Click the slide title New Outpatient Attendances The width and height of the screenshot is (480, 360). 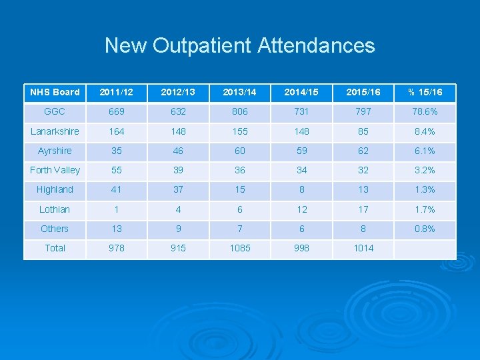click(x=239, y=45)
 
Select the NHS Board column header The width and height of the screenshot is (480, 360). click(x=55, y=92)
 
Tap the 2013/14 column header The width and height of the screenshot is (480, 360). click(x=240, y=92)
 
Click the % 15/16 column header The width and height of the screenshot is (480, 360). click(x=424, y=92)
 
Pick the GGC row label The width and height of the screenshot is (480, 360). click(x=55, y=111)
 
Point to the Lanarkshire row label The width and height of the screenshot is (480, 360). click(x=55, y=131)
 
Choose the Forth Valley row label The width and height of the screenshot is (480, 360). click(x=55, y=170)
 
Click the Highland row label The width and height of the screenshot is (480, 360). click(x=55, y=189)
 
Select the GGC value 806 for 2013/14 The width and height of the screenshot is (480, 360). click(x=240, y=111)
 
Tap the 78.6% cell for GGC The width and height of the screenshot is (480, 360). click(x=424, y=111)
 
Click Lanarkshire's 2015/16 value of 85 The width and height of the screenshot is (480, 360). click(x=363, y=131)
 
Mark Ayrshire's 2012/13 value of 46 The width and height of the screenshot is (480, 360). click(x=178, y=151)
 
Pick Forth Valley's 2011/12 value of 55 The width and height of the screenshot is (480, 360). click(x=117, y=170)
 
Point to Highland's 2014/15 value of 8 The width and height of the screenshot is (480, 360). click(x=302, y=189)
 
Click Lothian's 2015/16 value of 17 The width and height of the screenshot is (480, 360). click(x=363, y=209)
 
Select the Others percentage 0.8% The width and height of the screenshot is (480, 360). click(x=424, y=229)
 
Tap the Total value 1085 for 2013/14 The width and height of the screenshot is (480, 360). click(x=240, y=248)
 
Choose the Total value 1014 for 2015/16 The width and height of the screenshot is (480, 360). click(x=363, y=248)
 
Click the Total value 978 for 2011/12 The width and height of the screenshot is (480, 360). click(x=117, y=248)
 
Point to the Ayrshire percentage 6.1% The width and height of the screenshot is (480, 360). click(x=424, y=151)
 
